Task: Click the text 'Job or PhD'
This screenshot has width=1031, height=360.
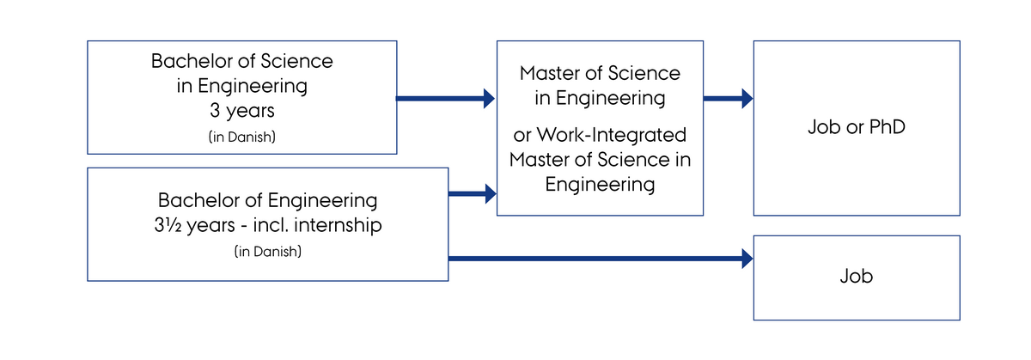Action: (857, 127)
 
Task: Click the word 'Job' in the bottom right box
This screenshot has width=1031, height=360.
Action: (857, 277)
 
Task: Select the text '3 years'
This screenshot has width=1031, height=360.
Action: (241, 111)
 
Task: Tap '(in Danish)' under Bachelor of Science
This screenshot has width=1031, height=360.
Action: (241, 137)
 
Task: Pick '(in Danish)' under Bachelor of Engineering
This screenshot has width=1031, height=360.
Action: (267, 253)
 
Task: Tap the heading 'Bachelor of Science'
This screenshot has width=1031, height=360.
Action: (241, 62)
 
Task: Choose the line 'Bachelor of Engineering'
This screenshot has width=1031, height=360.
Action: (267, 200)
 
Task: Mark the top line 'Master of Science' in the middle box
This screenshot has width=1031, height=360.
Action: (600, 74)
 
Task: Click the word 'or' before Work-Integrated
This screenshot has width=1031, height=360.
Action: (522, 136)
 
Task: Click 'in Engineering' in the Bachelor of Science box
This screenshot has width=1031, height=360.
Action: (241, 86)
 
